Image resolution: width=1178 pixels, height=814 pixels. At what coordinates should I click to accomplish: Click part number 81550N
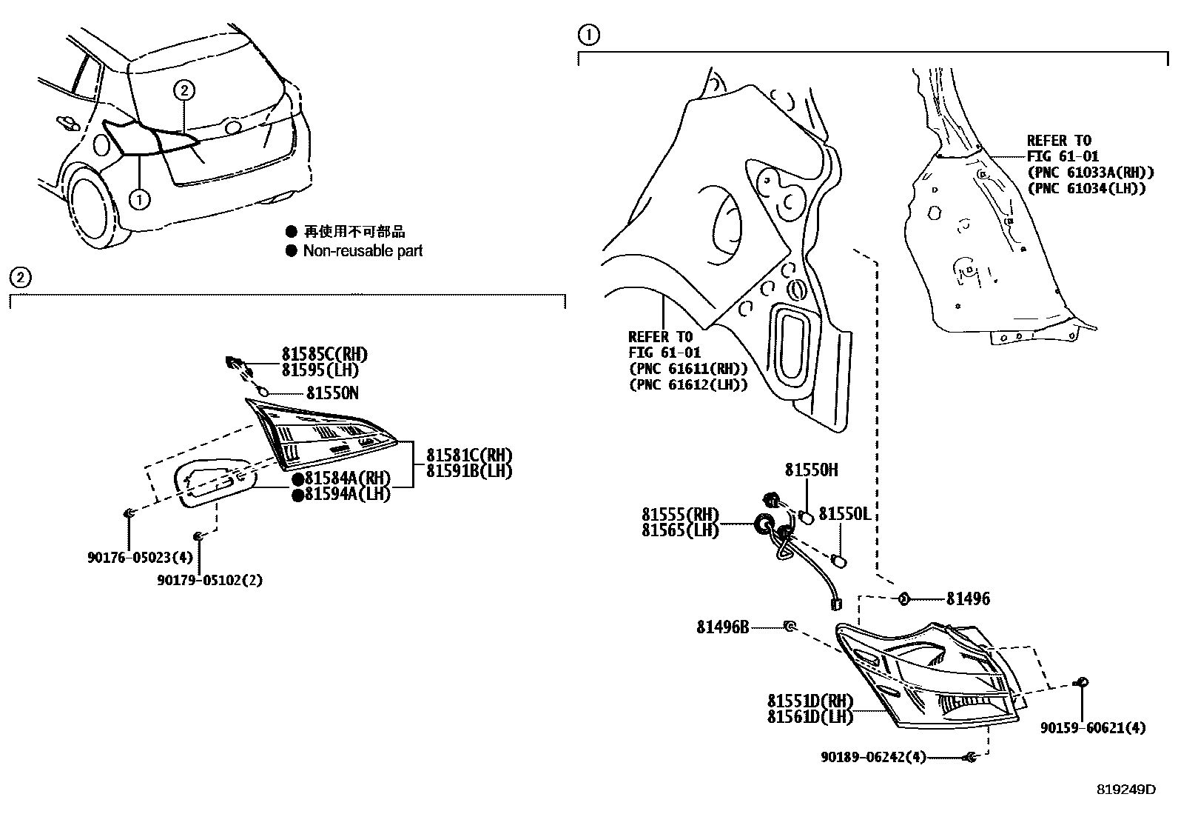[x=332, y=393]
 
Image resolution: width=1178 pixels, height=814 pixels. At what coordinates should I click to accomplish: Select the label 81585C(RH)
[x=323, y=354]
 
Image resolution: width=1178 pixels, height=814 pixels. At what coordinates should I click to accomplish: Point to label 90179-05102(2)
[x=209, y=580]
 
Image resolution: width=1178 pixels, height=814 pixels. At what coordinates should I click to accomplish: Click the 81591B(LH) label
[x=468, y=470]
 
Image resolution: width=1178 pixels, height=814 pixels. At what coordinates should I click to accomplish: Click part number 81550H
[x=811, y=470]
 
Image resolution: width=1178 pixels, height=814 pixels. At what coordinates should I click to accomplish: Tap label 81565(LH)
[x=679, y=530]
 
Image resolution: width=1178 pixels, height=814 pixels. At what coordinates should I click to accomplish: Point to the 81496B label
[x=722, y=627]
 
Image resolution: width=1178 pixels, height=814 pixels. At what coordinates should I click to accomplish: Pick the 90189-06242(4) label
[x=872, y=757]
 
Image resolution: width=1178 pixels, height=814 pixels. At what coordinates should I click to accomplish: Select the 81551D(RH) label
[x=810, y=701]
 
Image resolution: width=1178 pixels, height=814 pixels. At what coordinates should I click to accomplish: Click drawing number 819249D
[x=1125, y=789]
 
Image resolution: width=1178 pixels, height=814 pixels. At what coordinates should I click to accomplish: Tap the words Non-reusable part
[x=363, y=251]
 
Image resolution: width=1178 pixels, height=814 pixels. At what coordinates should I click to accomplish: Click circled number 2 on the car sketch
[x=184, y=90]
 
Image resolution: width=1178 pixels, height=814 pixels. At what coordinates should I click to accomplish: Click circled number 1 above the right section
[x=588, y=35]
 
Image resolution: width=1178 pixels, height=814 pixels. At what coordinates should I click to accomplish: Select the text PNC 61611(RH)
[x=687, y=368]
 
